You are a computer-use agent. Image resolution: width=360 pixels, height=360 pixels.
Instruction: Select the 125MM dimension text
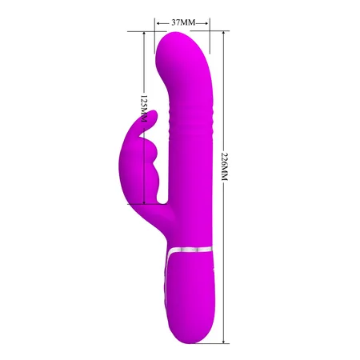(143, 110)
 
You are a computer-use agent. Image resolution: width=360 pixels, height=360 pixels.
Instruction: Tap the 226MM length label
(225, 178)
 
